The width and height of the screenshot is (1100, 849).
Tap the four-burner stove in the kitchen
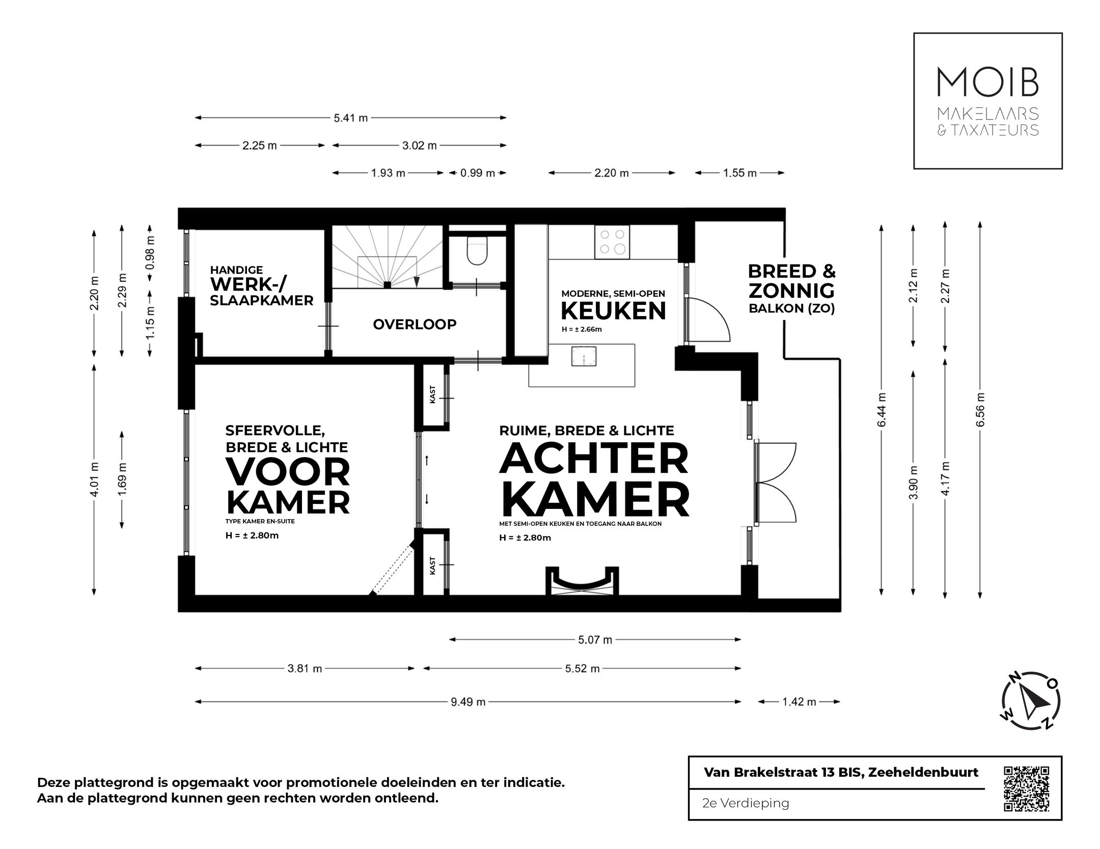tap(612, 242)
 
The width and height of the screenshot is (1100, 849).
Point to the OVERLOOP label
tap(415, 324)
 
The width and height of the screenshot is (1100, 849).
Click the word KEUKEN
tap(613, 310)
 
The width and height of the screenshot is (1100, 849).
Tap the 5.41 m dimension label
tap(350, 118)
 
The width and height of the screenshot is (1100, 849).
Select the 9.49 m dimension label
tap(468, 702)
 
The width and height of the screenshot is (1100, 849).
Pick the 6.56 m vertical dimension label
tap(981, 410)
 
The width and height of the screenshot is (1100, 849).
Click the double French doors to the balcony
tap(776, 483)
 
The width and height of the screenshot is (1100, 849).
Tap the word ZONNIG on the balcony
tap(791, 291)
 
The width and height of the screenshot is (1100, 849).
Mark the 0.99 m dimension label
tap(478, 173)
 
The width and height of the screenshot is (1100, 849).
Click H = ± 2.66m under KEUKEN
tap(582, 329)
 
